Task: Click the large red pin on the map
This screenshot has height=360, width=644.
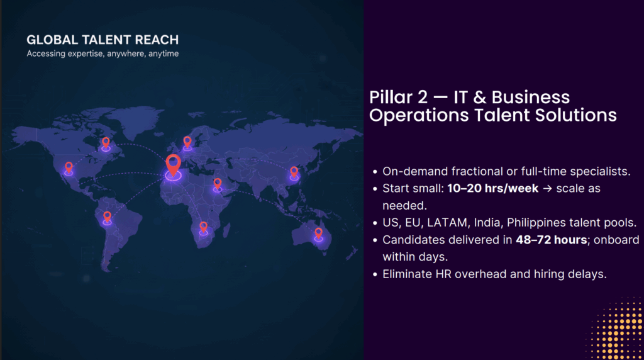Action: [x=174, y=165]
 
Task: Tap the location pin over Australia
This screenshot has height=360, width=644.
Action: [x=318, y=233]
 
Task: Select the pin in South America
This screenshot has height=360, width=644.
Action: [x=107, y=217]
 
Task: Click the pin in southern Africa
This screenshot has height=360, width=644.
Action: [x=203, y=227]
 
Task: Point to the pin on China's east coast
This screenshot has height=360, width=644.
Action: [x=294, y=172]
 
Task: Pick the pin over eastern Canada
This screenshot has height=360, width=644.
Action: [x=106, y=143]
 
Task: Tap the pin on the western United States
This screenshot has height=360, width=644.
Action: [x=69, y=167]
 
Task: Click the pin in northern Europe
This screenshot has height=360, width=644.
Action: [x=187, y=142]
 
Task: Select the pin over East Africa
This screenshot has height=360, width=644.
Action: [x=218, y=184]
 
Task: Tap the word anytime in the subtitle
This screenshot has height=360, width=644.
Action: [x=164, y=54]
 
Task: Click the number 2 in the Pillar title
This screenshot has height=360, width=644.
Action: [x=423, y=98]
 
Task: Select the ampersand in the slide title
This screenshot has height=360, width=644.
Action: [x=480, y=98]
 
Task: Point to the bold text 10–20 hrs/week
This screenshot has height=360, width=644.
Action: [x=492, y=188]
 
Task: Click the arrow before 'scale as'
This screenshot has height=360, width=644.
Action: [x=547, y=189]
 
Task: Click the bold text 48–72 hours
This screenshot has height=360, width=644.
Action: [x=551, y=240]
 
